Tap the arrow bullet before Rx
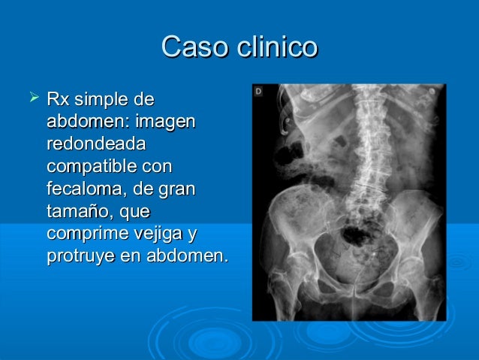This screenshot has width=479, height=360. point(32,98)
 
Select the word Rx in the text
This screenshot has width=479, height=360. point(57,100)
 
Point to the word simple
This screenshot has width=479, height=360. point(98,100)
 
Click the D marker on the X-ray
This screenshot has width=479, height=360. point(258,91)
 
